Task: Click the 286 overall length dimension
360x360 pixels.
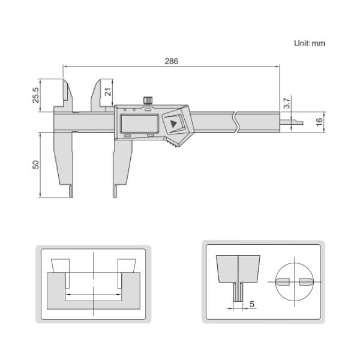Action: [171, 61]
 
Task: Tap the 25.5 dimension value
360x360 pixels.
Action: [35, 95]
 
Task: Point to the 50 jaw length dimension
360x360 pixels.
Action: [35, 164]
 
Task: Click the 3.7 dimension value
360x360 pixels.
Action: [287, 103]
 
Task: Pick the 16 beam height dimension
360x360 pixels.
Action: [319, 120]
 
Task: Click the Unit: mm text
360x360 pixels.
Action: [309, 43]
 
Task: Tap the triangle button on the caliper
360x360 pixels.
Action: [175, 124]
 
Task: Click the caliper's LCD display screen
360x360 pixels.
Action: [138, 123]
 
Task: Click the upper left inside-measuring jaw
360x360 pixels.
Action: [65, 93]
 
